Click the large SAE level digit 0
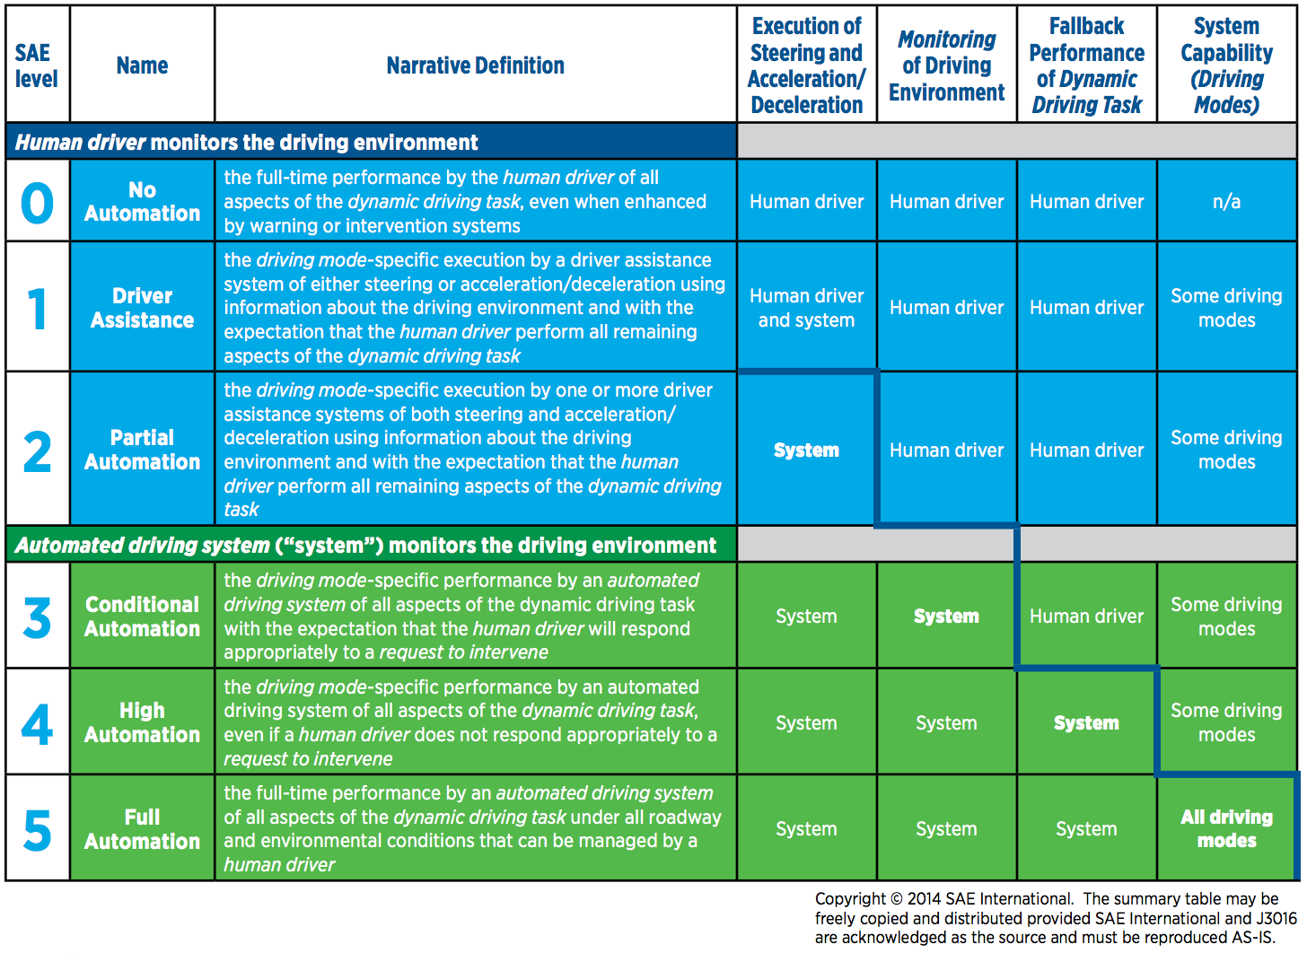(x=37, y=203)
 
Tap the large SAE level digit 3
(x=37, y=617)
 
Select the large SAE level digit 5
(x=37, y=830)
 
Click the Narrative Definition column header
(x=475, y=66)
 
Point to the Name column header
(x=142, y=66)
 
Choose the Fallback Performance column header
(x=1086, y=66)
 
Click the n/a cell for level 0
(x=1226, y=202)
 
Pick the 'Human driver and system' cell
(x=806, y=308)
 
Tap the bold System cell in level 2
(x=806, y=450)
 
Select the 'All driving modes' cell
(x=1226, y=829)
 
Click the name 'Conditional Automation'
(x=142, y=616)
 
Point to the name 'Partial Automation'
(x=142, y=450)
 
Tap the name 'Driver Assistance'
(x=142, y=308)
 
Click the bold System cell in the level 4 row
(x=1086, y=723)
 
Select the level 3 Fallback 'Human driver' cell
(x=1086, y=616)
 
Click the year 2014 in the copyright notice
(x=924, y=899)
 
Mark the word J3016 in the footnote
(x=1276, y=919)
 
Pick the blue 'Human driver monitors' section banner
(x=371, y=143)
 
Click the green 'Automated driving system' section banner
(x=371, y=546)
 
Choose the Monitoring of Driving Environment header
(x=946, y=66)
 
